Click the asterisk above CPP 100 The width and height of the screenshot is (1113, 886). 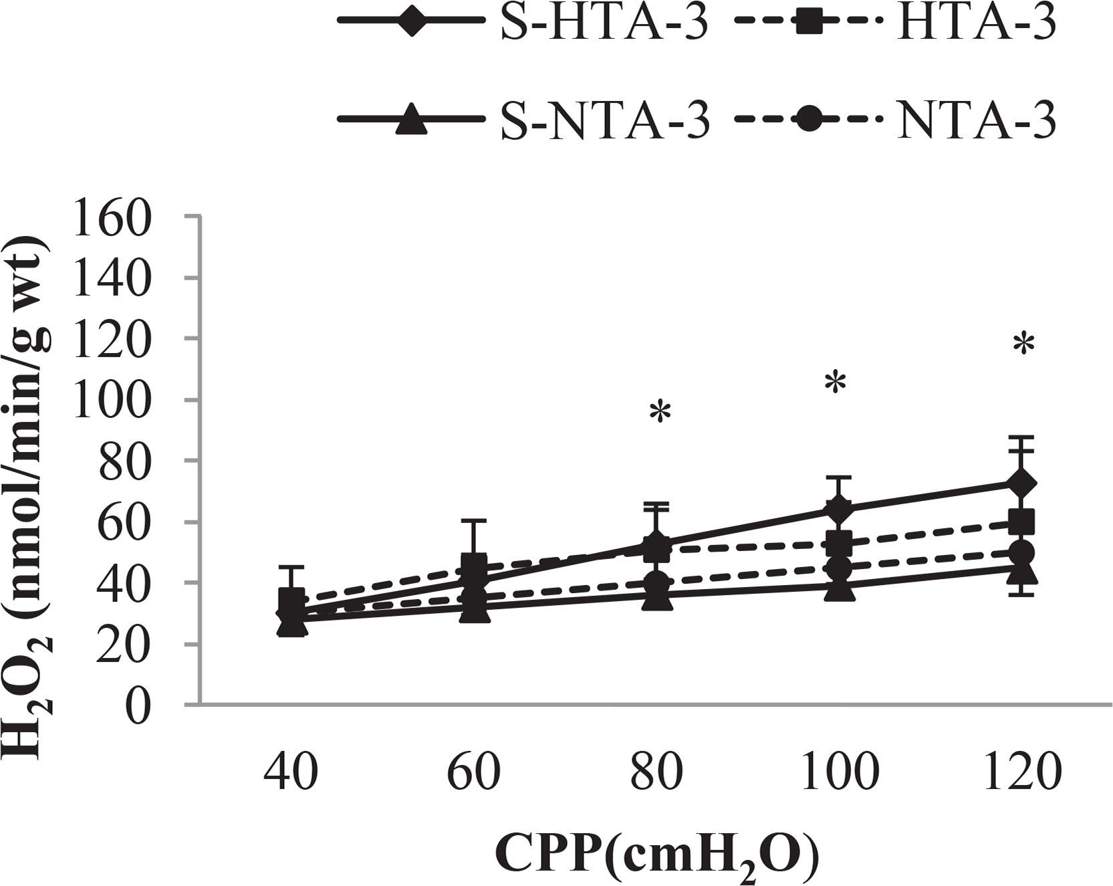836,383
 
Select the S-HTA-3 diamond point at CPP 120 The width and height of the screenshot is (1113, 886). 1021,483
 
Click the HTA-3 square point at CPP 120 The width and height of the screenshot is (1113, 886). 1021,521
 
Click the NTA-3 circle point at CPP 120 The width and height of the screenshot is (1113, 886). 1021,553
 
